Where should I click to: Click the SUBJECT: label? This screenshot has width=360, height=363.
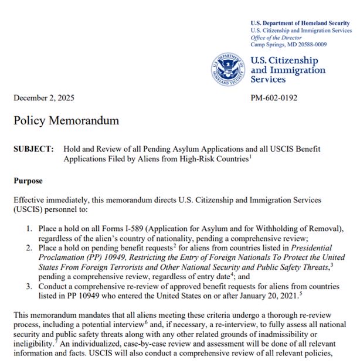34,149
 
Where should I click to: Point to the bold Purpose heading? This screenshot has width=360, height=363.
30,181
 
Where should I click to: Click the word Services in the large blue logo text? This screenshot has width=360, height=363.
272,79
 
